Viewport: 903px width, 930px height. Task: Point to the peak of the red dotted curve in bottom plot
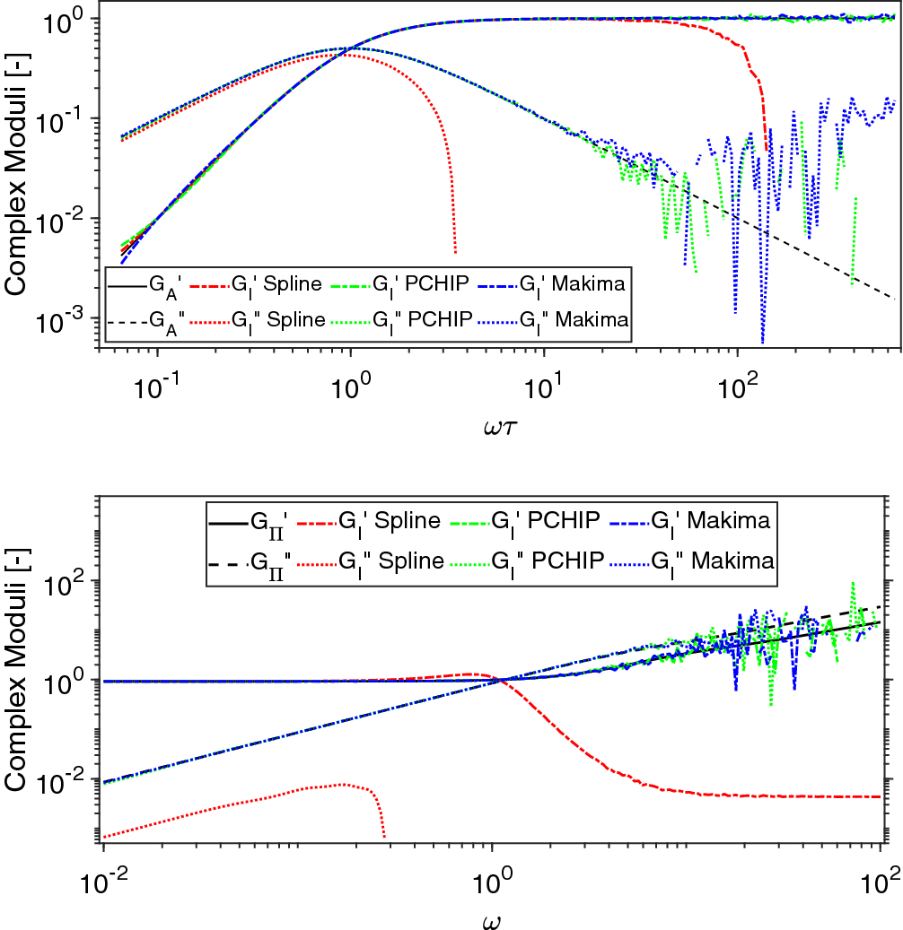pyautogui.click(x=343, y=784)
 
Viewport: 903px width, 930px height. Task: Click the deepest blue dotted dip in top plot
pyautogui.click(x=762, y=342)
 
